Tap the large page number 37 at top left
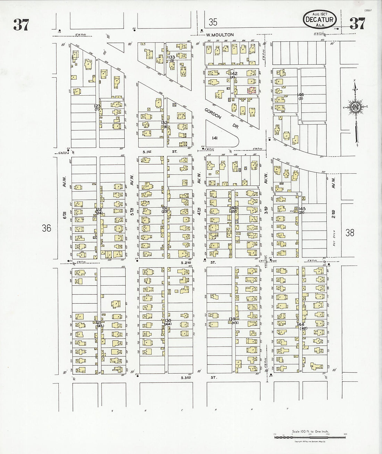[x=21, y=25]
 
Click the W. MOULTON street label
[x=219, y=35]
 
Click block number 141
[x=215, y=138]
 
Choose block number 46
[x=301, y=95]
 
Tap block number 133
[x=172, y=57]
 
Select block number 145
[x=301, y=208]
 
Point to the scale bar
[x=310, y=436]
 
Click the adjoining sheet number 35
[x=213, y=23]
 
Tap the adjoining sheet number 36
[x=46, y=228]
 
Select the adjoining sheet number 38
[x=350, y=232]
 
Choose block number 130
[x=168, y=320]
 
